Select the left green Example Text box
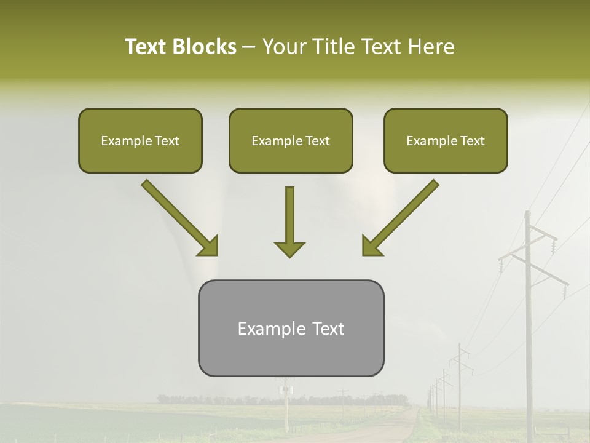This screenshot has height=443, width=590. point(140,141)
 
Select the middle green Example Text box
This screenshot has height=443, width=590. point(291,141)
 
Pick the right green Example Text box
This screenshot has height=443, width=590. point(446,141)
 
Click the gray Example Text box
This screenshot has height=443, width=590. point(291,329)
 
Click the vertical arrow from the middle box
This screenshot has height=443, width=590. point(289,215)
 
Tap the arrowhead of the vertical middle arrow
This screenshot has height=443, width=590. point(289,249)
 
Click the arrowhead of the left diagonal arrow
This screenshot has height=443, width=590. point(208,246)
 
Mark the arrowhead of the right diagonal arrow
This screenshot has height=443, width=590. point(371,246)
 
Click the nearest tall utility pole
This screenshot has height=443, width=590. point(528,320)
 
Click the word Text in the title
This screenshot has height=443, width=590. point(147,47)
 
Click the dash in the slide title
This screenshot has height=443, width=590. point(249,47)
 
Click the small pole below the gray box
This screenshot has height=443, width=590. point(286,406)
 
